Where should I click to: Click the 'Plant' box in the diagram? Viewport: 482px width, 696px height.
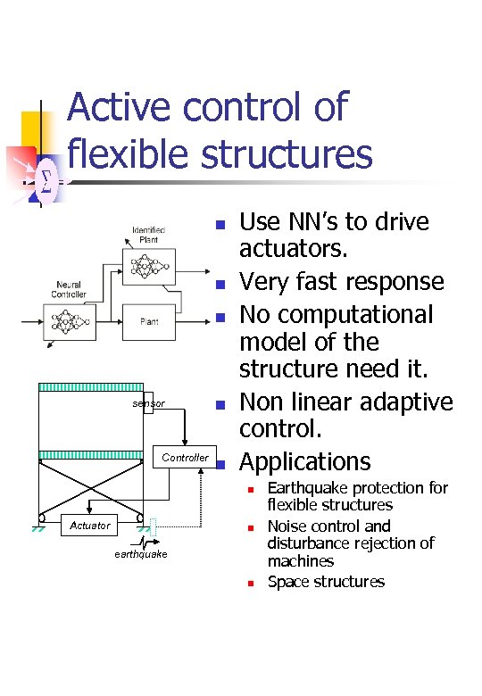[149, 321]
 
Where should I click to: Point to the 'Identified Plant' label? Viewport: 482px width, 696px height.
[148, 236]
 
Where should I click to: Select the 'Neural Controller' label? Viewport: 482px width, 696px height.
[69, 289]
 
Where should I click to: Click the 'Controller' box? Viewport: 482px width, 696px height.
[185, 458]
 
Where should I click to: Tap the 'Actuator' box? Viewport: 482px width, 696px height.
[90, 526]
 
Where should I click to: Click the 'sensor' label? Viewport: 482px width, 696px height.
[148, 404]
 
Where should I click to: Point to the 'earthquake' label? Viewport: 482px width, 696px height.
[140, 555]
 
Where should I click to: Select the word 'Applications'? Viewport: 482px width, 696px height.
[304, 461]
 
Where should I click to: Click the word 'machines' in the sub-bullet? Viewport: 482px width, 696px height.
[301, 561]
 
